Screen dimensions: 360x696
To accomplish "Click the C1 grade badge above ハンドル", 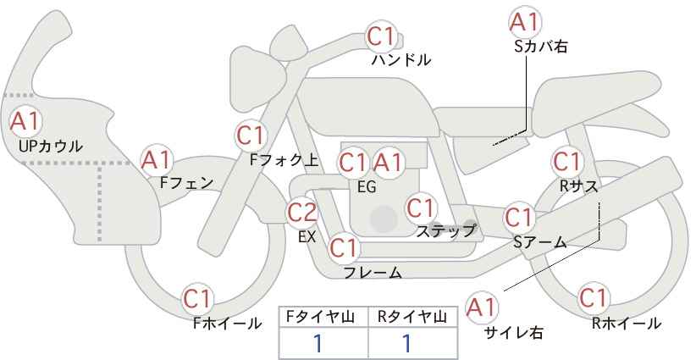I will coord(382,36).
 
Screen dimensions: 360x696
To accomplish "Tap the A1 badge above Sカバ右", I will coord(525,21).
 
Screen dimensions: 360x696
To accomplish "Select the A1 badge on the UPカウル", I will coord(24,120).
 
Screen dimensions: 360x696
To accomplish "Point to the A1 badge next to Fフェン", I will coord(157,158).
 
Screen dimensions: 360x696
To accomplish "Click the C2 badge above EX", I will coord(302,212).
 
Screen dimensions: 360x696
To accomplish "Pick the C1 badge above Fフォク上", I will coord(251,134).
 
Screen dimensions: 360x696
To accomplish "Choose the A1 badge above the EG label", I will coord(390,162).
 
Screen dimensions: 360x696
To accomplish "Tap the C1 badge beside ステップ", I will coord(421,207).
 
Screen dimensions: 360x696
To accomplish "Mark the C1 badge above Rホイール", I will coord(594,298).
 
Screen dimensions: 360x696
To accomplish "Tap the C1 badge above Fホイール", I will coord(198,298).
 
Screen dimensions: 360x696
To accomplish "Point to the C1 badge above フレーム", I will coord(345,248).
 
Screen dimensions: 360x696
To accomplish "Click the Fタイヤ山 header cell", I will coord(323,317).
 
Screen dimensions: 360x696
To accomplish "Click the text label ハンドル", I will coord(401,61).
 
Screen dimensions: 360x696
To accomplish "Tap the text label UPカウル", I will coord(51,147).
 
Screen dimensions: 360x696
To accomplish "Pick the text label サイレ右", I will coord(513,333).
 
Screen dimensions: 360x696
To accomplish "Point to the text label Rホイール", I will coord(626,323).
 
